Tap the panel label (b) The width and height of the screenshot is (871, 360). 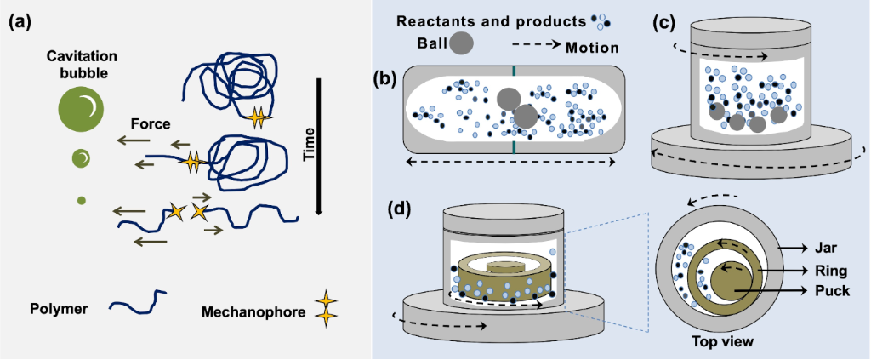coord(387,79)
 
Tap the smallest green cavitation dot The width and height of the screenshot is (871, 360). coord(82,201)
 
